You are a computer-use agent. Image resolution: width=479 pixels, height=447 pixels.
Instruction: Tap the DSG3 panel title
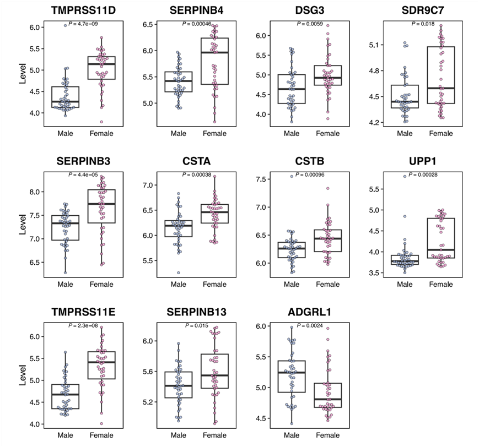312,10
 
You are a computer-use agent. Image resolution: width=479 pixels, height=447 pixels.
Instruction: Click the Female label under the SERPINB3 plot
101,284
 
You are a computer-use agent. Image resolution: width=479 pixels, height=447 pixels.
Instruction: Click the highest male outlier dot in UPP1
405,176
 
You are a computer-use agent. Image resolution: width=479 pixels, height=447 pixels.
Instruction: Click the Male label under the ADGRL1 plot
292,435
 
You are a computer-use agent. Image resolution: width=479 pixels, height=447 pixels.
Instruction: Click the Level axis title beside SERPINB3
23,226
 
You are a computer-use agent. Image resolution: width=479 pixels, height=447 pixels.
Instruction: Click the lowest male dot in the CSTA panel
178,272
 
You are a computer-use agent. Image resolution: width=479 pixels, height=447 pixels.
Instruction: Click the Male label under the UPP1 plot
405,284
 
